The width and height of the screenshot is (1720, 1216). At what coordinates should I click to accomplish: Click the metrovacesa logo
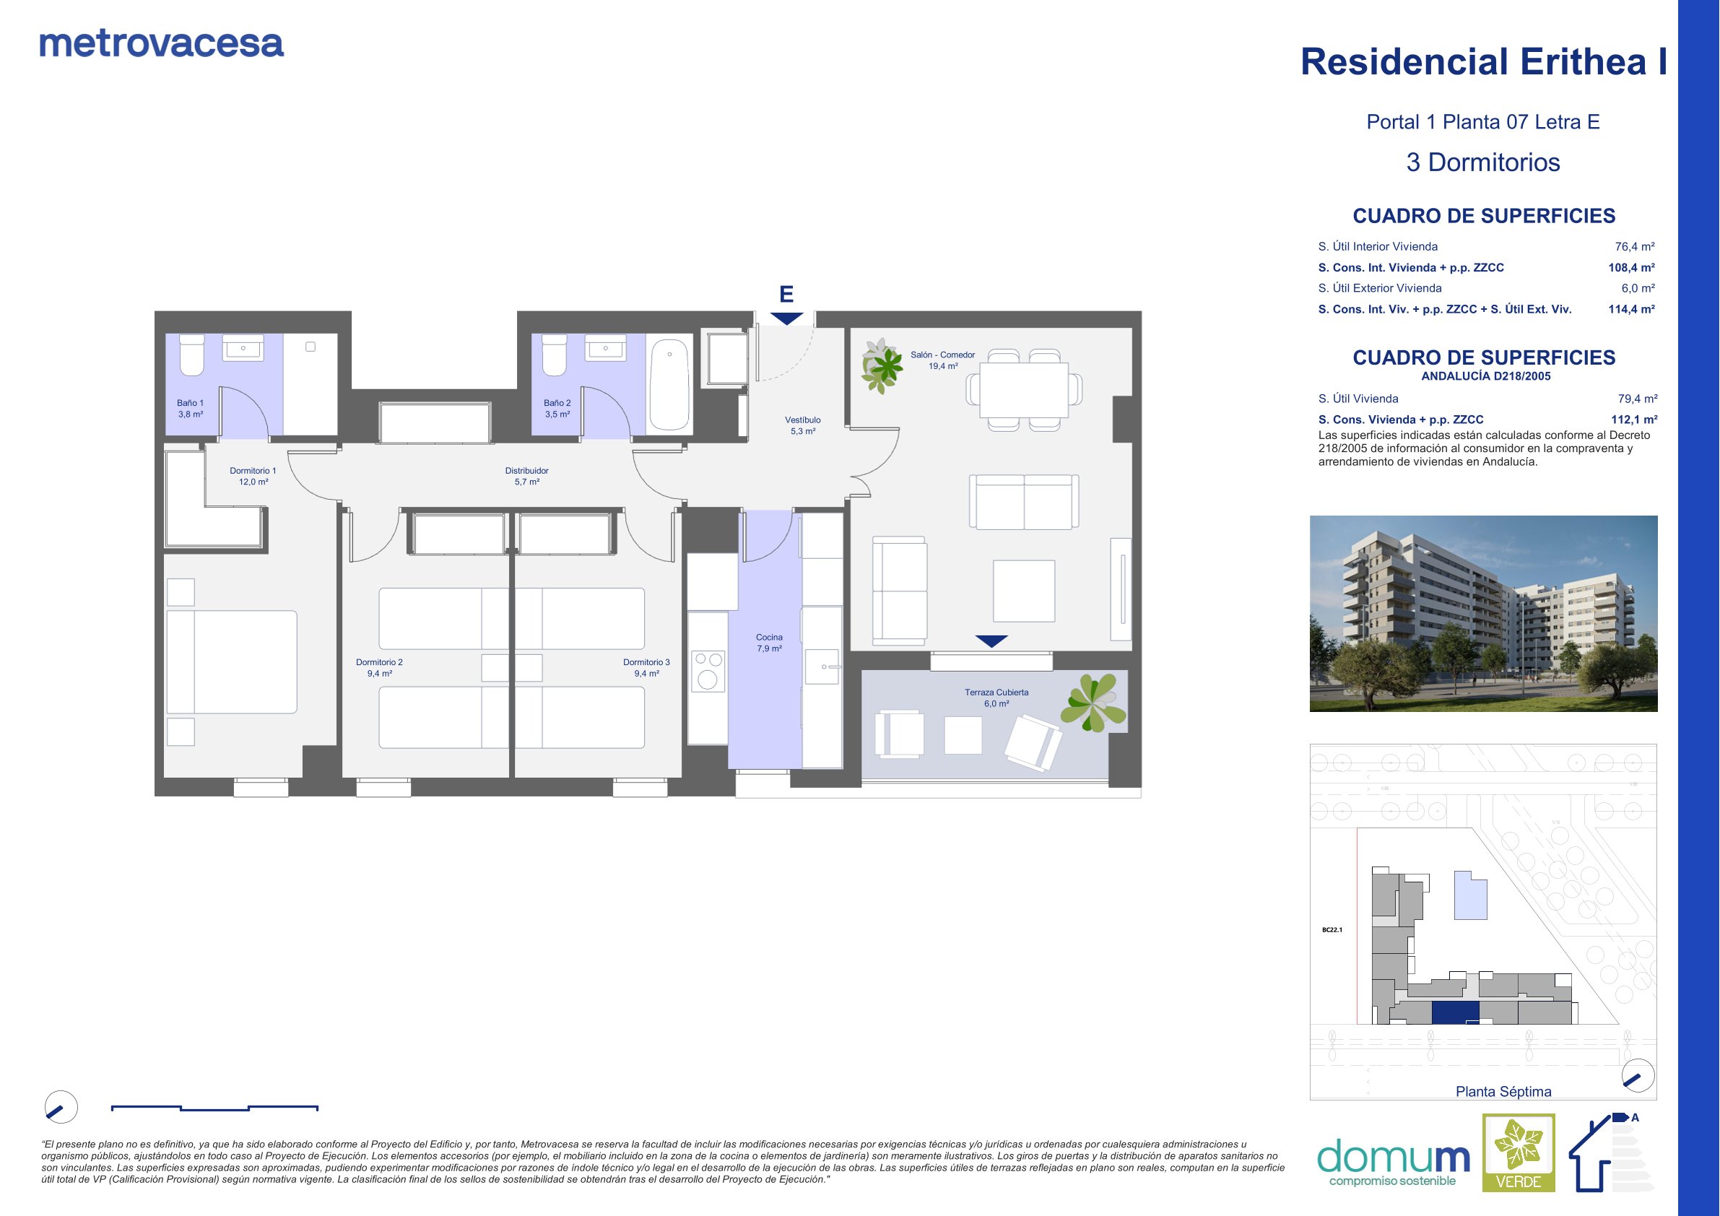tap(161, 44)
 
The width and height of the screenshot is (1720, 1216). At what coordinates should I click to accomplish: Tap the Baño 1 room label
tap(191, 408)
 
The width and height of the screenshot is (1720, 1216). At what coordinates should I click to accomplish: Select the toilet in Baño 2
tap(555, 355)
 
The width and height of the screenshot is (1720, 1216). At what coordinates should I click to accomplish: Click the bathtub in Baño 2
tap(669, 385)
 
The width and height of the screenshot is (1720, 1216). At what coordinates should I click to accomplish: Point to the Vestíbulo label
tap(803, 425)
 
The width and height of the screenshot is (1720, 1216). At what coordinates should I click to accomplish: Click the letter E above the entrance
tap(786, 294)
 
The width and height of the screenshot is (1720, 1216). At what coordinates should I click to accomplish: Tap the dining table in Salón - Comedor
tap(1023, 390)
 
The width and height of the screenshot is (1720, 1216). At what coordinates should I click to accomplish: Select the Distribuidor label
tap(526, 477)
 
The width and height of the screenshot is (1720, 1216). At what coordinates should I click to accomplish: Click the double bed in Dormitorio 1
tap(232, 662)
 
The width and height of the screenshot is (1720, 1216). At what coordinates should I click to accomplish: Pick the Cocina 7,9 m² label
tap(769, 643)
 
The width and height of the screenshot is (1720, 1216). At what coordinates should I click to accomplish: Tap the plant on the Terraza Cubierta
tap(1094, 702)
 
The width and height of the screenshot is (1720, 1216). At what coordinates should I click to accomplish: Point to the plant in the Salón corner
tap(882, 365)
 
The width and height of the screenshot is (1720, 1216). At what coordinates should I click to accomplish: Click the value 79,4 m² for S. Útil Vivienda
tap(1638, 399)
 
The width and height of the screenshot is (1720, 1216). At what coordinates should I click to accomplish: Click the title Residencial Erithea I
tap(1484, 61)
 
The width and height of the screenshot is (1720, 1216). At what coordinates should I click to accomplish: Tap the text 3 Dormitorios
tap(1483, 162)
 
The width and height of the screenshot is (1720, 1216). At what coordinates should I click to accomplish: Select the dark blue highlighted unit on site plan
tap(1456, 1013)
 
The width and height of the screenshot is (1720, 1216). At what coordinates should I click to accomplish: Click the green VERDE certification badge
tap(1519, 1153)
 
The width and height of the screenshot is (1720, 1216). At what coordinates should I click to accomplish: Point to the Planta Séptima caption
tap(1503, 1092)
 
